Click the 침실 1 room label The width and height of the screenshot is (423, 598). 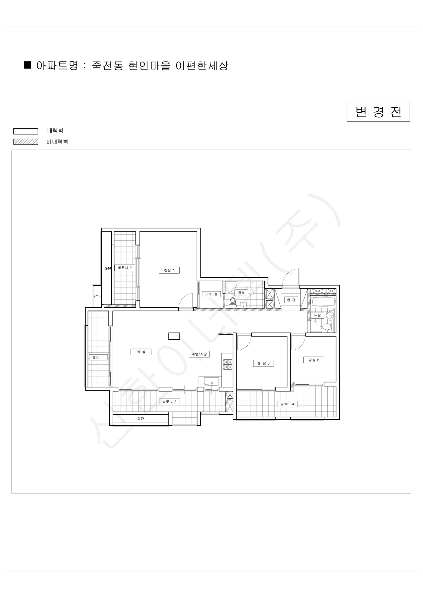click(x=169, y=270)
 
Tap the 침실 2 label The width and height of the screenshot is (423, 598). click(x=314, y=360)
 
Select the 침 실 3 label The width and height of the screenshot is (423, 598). click(x=263, y=363)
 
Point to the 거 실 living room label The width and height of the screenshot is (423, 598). click(x=141, y=352)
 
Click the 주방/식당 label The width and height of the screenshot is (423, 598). click(x=199, y=354)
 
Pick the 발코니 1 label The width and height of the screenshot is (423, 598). click(x=98, y=357)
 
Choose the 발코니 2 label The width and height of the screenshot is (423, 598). click(x=125, y=268)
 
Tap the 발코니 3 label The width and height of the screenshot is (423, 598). click(x=169, y=402)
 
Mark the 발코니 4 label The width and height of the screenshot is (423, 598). click(x=287, y=404)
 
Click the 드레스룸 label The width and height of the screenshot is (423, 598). click(x=211, y=294)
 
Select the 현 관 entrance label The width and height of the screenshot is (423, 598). click(x=291, y=300)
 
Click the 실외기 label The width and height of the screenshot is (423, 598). click(x=97, y=296)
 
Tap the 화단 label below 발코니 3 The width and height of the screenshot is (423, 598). click(x=141, y=419)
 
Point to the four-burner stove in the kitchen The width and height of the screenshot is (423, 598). click(x=228, y=364)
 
